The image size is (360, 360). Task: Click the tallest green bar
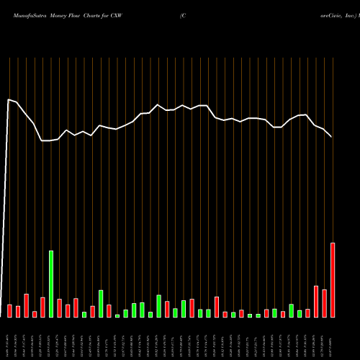(x=51, y=284)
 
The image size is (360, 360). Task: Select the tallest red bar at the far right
(x=333, y=280)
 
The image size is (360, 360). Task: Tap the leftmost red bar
(x=9, y=310)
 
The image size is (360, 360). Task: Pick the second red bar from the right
(x=324, y=303)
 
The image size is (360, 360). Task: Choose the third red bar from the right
(x=316, y=302)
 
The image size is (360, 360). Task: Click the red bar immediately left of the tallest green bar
(x=42, y=307)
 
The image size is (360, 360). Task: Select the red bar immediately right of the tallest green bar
(x=59, y=308)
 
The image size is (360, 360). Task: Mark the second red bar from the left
(x=18, y=311)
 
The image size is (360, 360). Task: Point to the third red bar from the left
(x=26, y=305)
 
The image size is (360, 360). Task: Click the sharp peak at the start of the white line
(x=9, y=99)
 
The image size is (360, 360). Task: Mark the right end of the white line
(x=332, y=137)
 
